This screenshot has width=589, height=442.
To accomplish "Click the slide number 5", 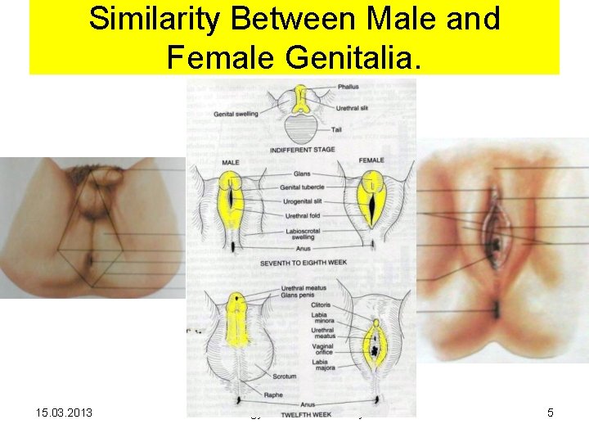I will tap(551, 413).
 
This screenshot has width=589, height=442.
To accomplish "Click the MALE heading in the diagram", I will tap(231, 163).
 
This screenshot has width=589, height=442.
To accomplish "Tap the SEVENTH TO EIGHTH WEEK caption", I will tap(300, 264).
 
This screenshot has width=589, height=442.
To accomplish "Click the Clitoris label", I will tap(320, 305).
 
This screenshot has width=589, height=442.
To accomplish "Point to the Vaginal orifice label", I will tap(323, 350).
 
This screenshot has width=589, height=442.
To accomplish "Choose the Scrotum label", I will tap(285, 377).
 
